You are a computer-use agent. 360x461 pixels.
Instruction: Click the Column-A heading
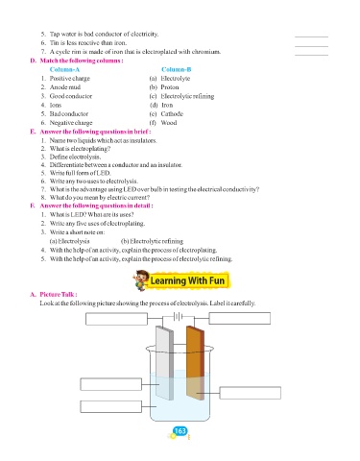tap(64, 69)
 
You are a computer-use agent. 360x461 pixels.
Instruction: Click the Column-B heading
tap(176, 69)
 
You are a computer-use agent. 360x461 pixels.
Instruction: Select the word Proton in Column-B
tap(170, 87)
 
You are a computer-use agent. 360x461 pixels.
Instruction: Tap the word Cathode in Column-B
tap(172, 113)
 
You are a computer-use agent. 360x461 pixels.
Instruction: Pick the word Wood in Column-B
tap(169, 123)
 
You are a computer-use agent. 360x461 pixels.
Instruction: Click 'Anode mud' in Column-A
tap(65, 87)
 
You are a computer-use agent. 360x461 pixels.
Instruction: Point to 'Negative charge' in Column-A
tap(71, 123)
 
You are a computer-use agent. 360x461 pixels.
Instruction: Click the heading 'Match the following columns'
tap(82, 61)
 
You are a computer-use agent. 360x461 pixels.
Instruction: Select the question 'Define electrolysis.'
tap(75, 157)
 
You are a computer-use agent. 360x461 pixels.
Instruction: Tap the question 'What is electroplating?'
tap(80, 149)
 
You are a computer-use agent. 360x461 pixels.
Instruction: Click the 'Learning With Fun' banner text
tap(187, 280)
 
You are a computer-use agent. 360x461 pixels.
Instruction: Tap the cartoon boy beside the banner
tap(141, 280)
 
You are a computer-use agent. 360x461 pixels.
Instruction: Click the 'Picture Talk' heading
tap(58, 294)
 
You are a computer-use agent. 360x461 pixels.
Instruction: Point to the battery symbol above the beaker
tap(178, 317)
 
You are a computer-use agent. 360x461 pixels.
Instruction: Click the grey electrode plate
tap(164, 363)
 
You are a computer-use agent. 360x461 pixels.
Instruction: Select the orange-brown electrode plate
tap(195, 362)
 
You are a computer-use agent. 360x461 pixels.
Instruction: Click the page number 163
tap(180, 431)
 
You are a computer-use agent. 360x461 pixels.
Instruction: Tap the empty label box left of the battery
tap(116, 319)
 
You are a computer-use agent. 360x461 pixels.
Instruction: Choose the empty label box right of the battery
tap(240, 318)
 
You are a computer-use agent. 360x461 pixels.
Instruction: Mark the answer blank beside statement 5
tap(311, 36)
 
